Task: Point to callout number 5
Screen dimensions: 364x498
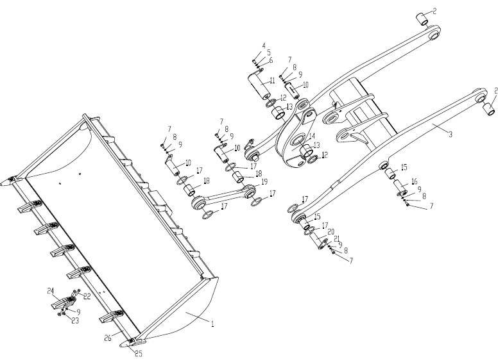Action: (x=269, y=53)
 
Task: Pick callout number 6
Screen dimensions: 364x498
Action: (x=271, y=60)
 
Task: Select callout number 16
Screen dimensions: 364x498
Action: (x=414, y=182)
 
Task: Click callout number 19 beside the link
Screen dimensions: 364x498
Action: (x=264, y=183)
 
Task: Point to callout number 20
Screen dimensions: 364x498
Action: (x=331, y=231)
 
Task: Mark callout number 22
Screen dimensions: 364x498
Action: (x=87, y=296)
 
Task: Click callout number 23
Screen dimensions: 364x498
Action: (x=75, y=320)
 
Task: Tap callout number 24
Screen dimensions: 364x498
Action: (x=49, y=291)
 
